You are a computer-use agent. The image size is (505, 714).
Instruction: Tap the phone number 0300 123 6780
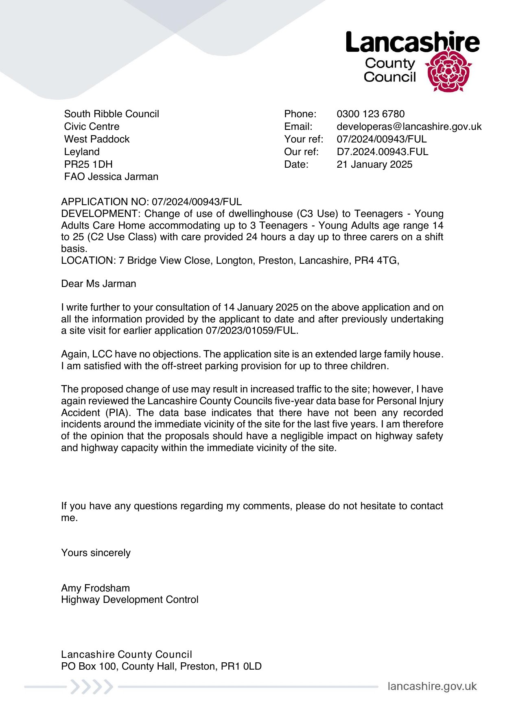point(370,114)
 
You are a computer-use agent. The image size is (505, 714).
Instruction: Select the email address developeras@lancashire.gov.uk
point(409,127)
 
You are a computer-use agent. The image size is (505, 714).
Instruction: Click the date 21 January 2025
point(374,164)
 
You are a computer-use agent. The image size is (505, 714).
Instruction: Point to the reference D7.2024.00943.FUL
point(383,152)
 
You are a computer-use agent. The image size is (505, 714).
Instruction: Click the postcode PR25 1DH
point(88,164)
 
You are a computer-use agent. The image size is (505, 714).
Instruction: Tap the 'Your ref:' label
point(304,139)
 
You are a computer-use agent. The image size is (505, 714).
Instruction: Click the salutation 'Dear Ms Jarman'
point(98,284)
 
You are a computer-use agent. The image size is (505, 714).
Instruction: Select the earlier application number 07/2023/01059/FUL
point(251,331)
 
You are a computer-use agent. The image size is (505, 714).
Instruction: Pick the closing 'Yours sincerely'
point(96,553)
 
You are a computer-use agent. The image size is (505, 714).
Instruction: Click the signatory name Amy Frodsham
point(96,588)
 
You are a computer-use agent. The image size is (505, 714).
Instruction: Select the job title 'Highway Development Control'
point(130,600)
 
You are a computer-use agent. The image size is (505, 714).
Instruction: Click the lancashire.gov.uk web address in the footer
point(432,686)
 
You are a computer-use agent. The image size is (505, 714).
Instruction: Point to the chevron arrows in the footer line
point(92,687)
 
